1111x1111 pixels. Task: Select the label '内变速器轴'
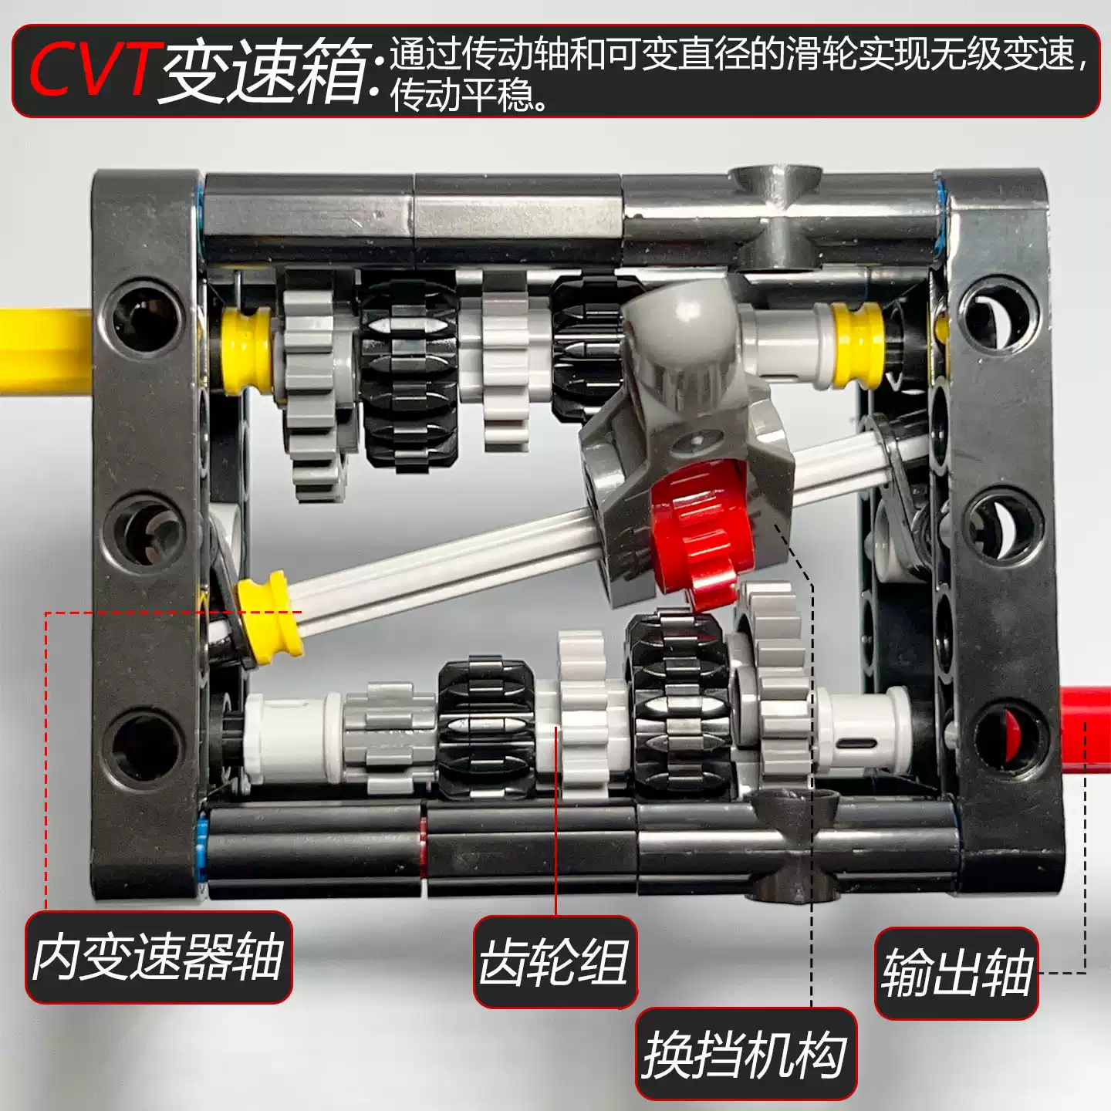(158, 957)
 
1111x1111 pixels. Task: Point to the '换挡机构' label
(745, 1054)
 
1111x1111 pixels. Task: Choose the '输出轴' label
(957, 973)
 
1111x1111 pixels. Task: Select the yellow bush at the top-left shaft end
(247, 351)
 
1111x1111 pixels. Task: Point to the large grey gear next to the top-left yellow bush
(312, 386)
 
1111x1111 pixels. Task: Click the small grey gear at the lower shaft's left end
(386, 737)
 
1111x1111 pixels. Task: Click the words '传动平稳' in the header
(463, 96)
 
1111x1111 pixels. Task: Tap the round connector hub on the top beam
(775, 185)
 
